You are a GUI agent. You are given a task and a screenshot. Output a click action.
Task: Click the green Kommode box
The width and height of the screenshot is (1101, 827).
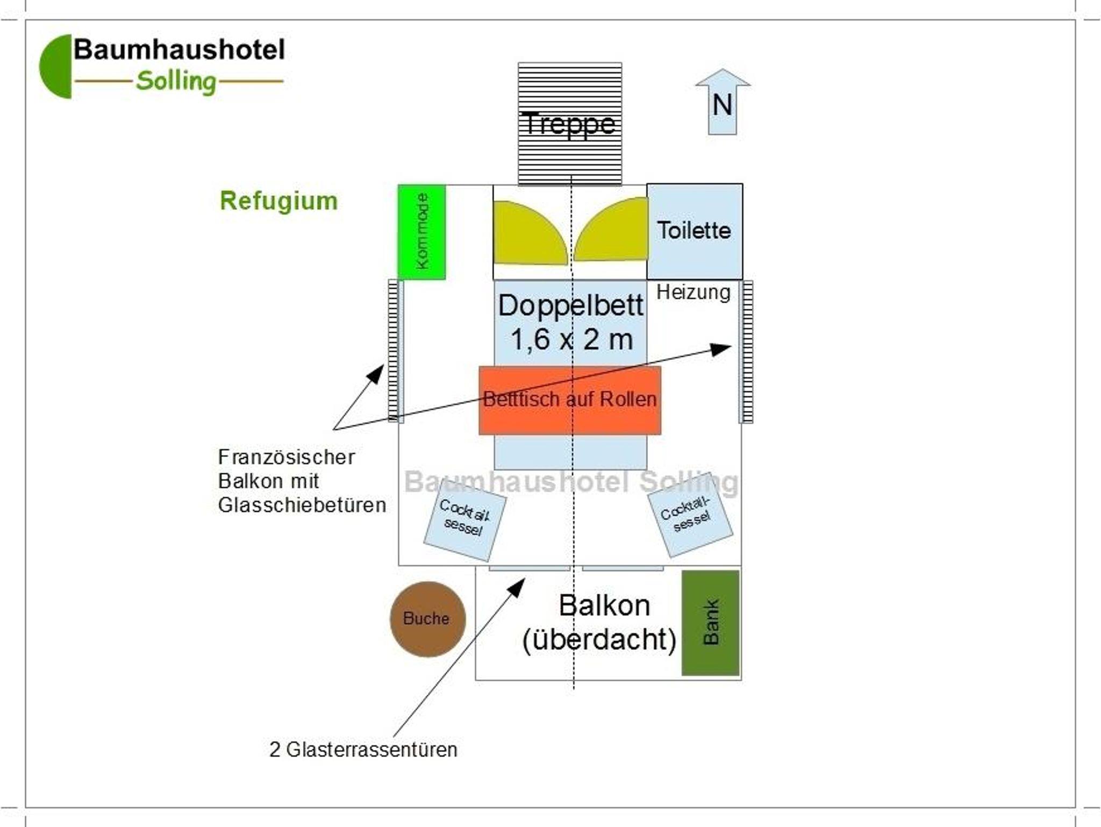(421, 232)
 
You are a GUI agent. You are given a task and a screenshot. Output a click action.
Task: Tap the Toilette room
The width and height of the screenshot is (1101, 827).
(694, 231)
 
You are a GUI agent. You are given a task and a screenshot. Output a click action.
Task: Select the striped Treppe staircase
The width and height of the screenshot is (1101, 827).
(569, 124)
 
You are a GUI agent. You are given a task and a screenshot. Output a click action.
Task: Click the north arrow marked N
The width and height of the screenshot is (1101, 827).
(723, 102)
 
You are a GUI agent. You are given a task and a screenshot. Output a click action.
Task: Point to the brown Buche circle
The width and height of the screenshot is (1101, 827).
(427, 619)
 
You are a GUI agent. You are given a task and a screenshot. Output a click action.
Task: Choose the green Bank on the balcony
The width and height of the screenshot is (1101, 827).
(710, 623)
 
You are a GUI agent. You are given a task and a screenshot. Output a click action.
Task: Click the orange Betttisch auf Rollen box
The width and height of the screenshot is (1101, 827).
(569, 400)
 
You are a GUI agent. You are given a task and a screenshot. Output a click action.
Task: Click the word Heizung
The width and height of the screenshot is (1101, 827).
(693, 293)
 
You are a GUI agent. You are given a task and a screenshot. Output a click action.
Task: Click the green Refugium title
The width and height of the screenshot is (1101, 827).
(278, 201)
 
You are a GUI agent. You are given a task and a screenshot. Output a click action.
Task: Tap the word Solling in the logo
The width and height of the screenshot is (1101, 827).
(176, 82)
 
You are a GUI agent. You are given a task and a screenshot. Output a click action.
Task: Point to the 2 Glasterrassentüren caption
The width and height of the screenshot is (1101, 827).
(363, 750)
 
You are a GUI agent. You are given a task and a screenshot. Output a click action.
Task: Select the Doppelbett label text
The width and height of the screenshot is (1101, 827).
(570, 306)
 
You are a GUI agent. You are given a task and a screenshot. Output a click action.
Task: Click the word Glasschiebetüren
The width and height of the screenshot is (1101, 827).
(302, 505)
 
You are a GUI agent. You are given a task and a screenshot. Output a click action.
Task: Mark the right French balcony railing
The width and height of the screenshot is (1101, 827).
(746, 352)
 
